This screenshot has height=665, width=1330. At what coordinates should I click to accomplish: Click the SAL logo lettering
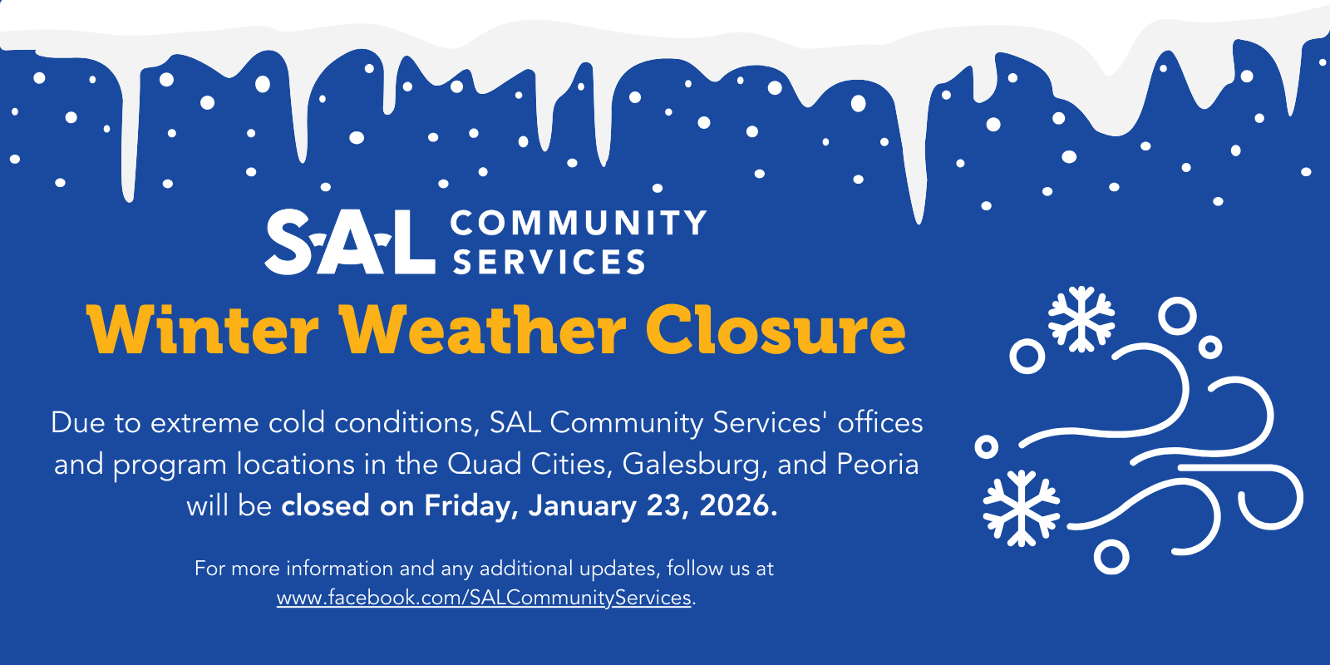350,242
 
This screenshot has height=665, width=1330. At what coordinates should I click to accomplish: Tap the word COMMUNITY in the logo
579,224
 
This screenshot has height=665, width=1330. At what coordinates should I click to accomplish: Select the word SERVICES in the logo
549,261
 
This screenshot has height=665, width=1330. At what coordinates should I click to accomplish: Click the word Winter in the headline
203,330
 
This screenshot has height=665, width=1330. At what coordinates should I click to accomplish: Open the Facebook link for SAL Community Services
484,598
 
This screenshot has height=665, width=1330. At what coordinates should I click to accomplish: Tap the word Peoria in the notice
878,465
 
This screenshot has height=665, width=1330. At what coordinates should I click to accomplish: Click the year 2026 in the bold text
738,505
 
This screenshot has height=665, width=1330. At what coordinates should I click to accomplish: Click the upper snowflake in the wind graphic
1081,319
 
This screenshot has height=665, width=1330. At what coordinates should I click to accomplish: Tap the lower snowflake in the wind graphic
1022,508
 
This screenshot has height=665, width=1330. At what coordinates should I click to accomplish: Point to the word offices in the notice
880,423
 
